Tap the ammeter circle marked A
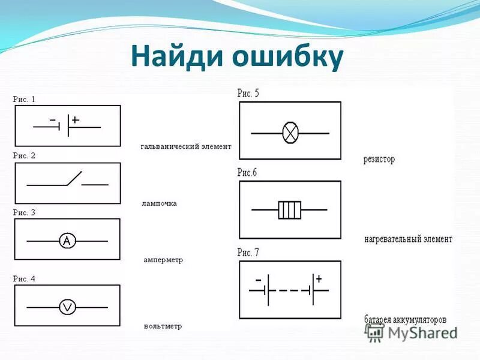tap(67, 241)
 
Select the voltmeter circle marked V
tap(67, 307)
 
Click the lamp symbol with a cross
tap(290, 133)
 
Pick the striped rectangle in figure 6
tap(289, 210)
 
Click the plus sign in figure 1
tap(76, 120)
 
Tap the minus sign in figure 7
tap(258, 280)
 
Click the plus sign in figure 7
tap(319, 278)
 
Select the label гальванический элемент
tap(186, 146)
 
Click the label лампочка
tap(160, 203)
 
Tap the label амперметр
tap(163, 260)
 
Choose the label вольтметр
tap(163, 326)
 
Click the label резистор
tap(379, 160)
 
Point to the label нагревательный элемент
tap(408, 239)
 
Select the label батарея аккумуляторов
tap(406, 319)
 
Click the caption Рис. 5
tap(248, 93)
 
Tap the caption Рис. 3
tap(25, 212)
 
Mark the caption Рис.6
tap(247, 173)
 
